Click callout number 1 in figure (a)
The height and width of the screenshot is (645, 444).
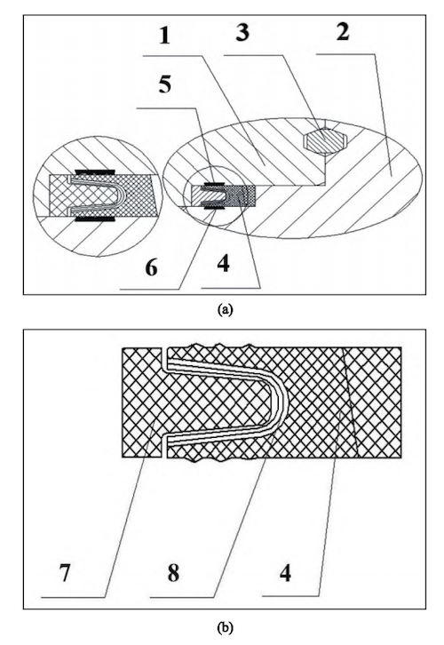pos(164,35)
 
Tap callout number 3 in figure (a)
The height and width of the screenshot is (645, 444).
pos(242,32)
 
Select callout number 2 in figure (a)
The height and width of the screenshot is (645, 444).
pos(343,32)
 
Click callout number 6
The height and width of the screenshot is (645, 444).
pos(151,267)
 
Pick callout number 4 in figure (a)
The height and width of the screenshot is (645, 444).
pos(223,263)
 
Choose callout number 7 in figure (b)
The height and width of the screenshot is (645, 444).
pos(65,572)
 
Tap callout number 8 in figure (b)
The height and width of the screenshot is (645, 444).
pos(173,572)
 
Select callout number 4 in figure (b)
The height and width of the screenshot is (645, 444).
pos(285,572)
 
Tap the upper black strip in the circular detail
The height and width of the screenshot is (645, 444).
pos(94,171)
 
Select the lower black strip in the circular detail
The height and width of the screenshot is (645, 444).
pos(94,219)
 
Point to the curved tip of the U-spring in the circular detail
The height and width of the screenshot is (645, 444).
pos(123,195)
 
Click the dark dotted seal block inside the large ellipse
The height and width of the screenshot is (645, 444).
pos(242,195)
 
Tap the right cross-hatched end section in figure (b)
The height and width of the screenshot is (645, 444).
pos(374,402)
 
